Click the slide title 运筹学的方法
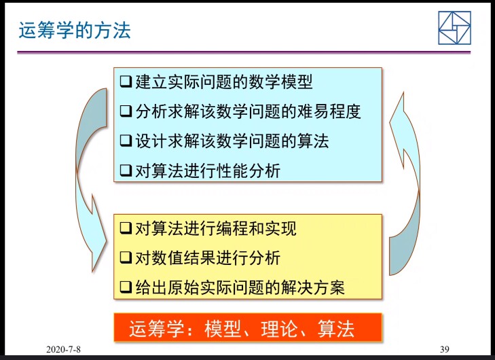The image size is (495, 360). pyautogui.click(x=75, y=31)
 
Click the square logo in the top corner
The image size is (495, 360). pyautogui.click(x=454, y=28)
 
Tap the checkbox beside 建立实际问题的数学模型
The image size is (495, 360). pyautogui.click(x=126, y=82)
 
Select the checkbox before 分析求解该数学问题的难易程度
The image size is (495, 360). pyautogui.click(x=126, y=111)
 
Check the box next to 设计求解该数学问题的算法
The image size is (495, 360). pyautogui.click(x=126, y=141)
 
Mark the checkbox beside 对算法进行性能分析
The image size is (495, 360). pyautogui.click(x=126, y=170)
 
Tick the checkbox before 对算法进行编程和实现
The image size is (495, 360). pyautogui.click(x=126, y=228)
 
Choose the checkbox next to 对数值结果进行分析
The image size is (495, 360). pyautogui.click(x=126, y=257)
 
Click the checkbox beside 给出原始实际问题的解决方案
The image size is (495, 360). pyautogui.click(x=126, y=287)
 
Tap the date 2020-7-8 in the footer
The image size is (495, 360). pyautogui.click(x=63, y=349)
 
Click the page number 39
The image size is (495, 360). pyautogui.click(x=445, y=349)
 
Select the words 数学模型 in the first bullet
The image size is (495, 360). pyautogui.click(x=280, y=82)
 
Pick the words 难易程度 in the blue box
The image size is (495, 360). pyautogui.click(x=329, y=111)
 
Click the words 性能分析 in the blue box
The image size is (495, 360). pyautogui.click(x=249, y=170)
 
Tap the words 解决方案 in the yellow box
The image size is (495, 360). pyautogui.click(x=312, y=287)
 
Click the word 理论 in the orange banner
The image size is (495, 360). pyautogui.click(x=279, y=329)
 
